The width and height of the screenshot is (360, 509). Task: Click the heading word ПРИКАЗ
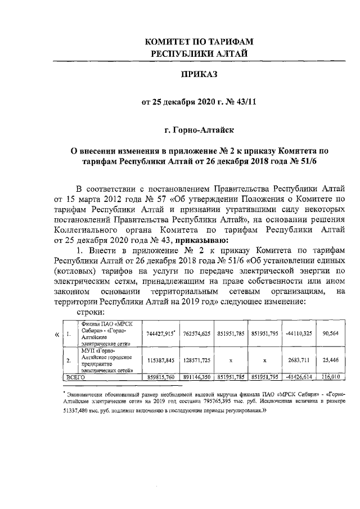tap(197, 74)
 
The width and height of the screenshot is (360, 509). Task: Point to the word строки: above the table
tap(91, 312)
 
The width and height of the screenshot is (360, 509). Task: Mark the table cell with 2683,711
tap(298, 359)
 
